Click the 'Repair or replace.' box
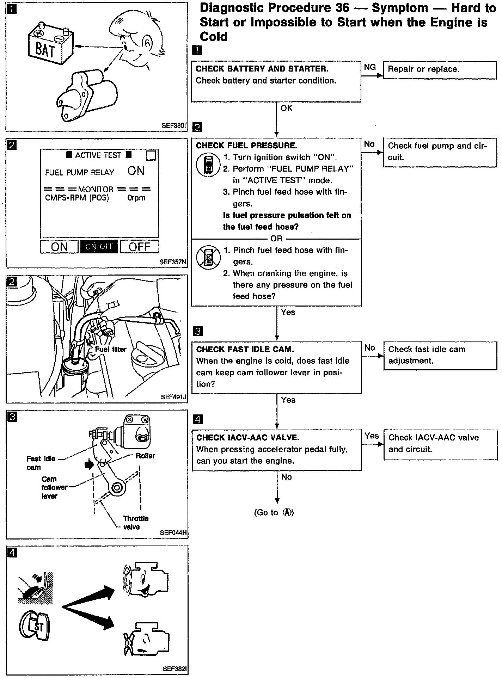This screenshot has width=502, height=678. point(439,69)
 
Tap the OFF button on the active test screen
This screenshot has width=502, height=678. point(139,247)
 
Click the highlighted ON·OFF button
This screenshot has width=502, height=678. point(99,247)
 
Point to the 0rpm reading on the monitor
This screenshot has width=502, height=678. point(136,198)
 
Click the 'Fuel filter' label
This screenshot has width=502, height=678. point(111,349)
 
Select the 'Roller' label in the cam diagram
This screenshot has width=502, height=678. point(145,456)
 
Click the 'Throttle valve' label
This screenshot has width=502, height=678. point(135,523)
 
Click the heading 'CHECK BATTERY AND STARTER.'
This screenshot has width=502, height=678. point(262,69)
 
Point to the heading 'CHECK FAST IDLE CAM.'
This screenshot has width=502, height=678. point(245,349)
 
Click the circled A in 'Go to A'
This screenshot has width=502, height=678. point(288,513)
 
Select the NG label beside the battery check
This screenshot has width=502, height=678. point(370,67)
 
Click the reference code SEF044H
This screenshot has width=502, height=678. point(173,532)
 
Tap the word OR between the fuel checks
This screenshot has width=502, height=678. point(276,239)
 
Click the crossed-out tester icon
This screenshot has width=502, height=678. point(208,257)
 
